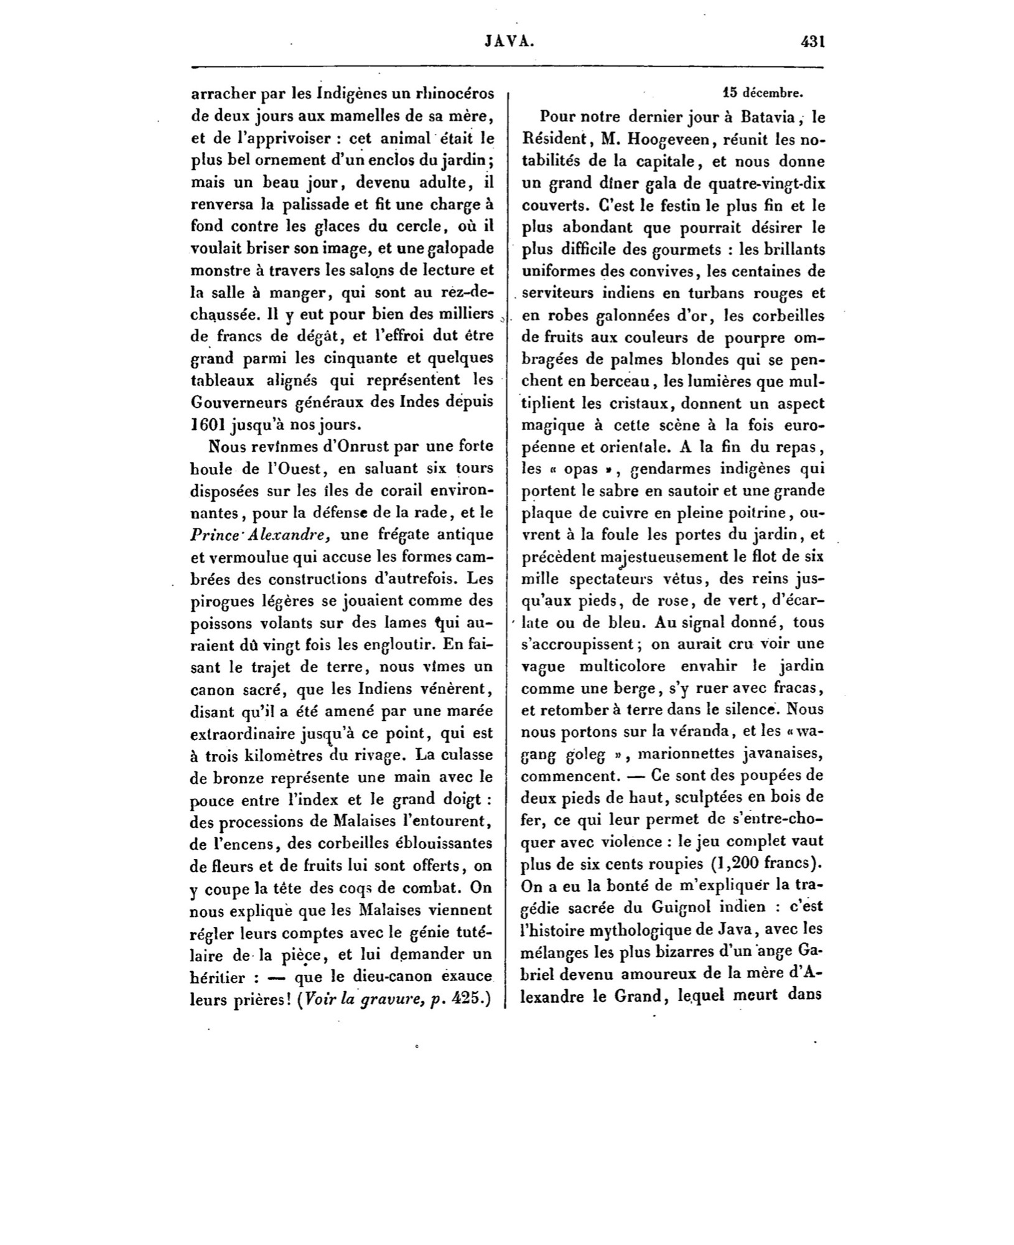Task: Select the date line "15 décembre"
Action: (x=763, y=94)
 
